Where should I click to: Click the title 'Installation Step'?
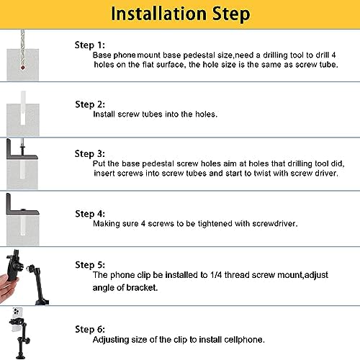point(181,14)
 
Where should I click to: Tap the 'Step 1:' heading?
point(90,45)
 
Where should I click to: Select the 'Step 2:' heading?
point(90,104)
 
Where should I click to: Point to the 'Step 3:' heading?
point(90,154)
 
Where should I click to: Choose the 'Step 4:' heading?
point(90,214)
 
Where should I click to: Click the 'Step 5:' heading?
point(90,265)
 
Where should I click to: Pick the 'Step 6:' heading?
point(90,329)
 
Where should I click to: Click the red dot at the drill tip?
point(23,68)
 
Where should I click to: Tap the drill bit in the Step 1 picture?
point(22,49)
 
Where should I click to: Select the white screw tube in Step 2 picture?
point(23,108)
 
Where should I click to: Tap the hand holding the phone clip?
point(8,288)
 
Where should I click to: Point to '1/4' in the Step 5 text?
point(216,275)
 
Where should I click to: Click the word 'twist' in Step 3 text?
point(262,173)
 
